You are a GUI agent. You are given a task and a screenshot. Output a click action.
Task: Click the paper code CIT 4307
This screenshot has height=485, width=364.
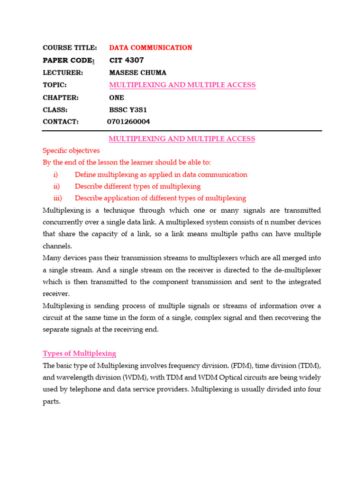(126, 60)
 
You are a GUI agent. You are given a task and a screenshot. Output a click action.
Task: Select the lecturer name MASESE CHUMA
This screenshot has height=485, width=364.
(137, 72)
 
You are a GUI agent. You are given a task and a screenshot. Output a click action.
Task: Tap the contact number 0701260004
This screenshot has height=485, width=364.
(128, 122)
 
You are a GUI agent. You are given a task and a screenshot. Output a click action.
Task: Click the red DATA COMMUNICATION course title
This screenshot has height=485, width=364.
(151, 48)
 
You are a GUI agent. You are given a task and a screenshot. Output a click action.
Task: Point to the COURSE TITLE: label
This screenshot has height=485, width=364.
(70, 48)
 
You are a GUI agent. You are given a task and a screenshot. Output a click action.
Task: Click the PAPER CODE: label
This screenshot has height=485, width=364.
(68, 60)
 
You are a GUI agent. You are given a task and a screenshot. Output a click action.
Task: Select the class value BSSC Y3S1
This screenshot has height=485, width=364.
(128, 110)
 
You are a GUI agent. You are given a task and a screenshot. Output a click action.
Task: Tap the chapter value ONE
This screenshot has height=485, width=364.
(117, 98)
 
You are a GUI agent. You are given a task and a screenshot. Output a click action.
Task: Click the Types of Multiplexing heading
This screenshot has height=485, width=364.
(79, 353)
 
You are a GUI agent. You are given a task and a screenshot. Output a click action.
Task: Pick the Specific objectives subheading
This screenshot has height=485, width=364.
(71, 151)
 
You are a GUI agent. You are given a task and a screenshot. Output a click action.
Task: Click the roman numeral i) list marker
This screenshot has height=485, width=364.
(56, 175)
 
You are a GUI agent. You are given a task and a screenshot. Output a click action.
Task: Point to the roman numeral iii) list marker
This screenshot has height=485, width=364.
(57, 198)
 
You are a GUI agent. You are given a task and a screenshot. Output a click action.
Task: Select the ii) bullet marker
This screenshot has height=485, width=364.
(56, 187)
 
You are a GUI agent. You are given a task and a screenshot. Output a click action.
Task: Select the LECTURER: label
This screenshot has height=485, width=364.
(63, 72)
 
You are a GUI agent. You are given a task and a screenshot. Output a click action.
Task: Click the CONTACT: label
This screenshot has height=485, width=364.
(61, 122)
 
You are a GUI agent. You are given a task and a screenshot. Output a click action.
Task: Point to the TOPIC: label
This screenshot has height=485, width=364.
(55, 85)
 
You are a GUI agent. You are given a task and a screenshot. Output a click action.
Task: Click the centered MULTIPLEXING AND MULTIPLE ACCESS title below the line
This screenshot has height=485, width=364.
(182, 139)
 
